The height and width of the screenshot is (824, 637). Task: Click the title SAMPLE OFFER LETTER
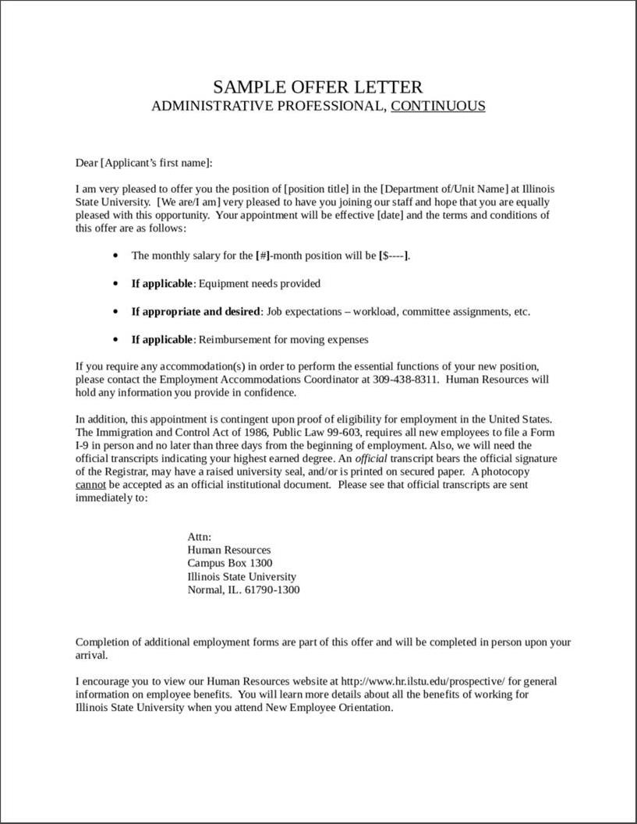(318, 87)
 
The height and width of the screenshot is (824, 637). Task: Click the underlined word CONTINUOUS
(437, 106)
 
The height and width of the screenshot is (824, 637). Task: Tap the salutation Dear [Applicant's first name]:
(143, 163)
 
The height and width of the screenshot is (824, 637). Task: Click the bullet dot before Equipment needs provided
(116, 284)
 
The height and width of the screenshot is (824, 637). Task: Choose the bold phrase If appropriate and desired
(195, 312)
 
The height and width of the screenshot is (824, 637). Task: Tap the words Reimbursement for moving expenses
(284, 340)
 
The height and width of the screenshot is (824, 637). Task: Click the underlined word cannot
(90, 485)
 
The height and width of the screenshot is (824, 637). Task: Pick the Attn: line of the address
(200, 537)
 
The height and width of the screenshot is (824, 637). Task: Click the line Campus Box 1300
(229, 563)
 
